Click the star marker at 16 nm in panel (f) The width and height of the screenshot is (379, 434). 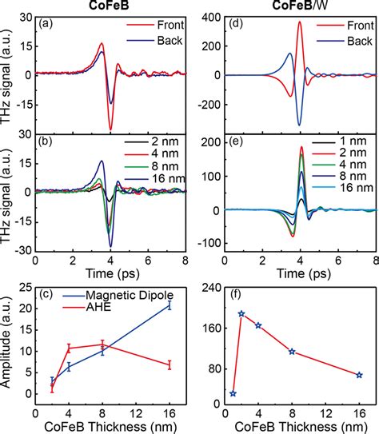359,375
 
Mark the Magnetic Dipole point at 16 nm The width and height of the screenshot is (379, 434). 169,305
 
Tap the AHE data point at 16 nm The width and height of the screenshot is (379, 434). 169,365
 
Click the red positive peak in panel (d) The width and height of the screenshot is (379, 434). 299,22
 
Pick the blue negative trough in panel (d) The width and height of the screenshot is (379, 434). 299,125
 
